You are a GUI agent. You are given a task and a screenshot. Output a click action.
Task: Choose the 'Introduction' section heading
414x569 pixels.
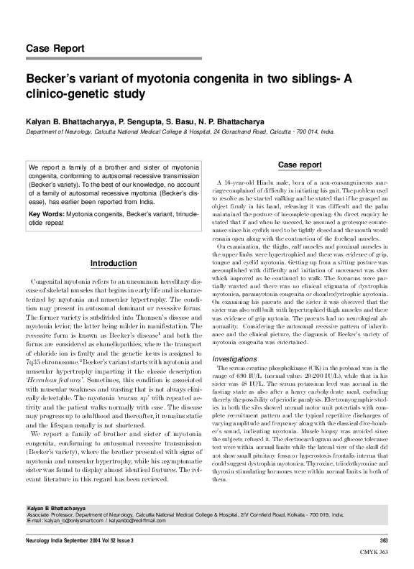click(113, 263)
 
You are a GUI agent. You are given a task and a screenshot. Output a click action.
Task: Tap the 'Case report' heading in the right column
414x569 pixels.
click(300, 165)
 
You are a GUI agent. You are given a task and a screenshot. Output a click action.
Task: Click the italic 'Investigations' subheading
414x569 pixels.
click(241, 357)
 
